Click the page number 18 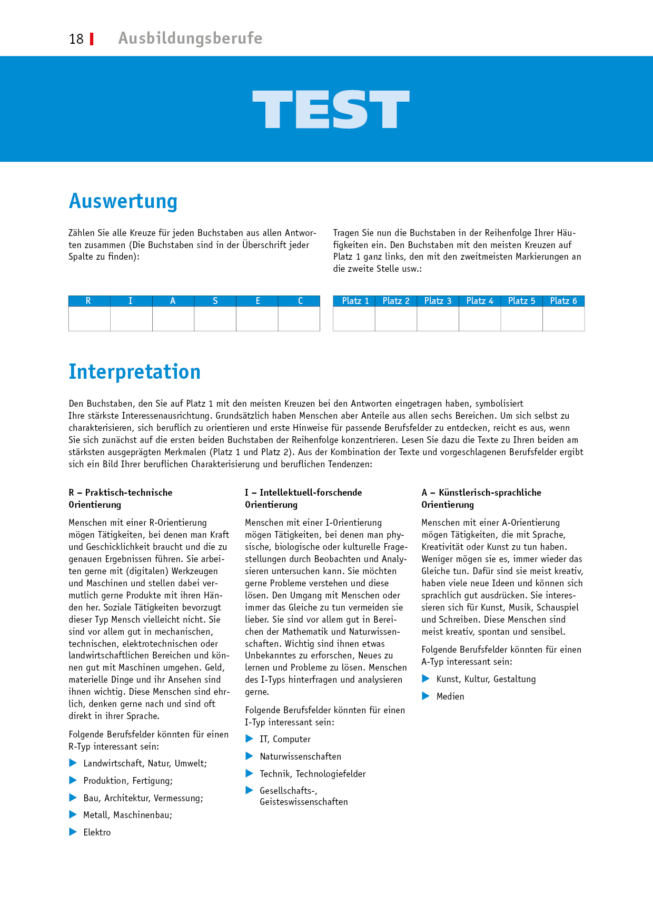[x=76, y=39]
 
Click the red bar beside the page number [x=92, y=39]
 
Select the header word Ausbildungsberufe [x=190, y=38]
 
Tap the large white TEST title [x=331, y=110]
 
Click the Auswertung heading [x=123, y=201]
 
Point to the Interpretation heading [x=134, y=372]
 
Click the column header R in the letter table [x=88, y=301]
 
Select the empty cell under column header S [x=215, y=319]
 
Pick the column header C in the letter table [x=300, y=301]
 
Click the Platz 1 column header [x=354, y=301]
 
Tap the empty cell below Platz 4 [x=480, y=319]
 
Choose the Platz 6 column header [x=563, y=301]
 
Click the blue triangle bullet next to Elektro [x=73, y=832]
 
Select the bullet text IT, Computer [x=285, y=739]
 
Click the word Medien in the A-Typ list [x=450, y=696]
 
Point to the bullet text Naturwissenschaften [x=300, y=756]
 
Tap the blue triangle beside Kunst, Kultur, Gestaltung [x=426, y=679]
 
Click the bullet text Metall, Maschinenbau [x=127, y=815]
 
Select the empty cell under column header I [x=131, y=319]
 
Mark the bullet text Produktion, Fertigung [x=128, y=781]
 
